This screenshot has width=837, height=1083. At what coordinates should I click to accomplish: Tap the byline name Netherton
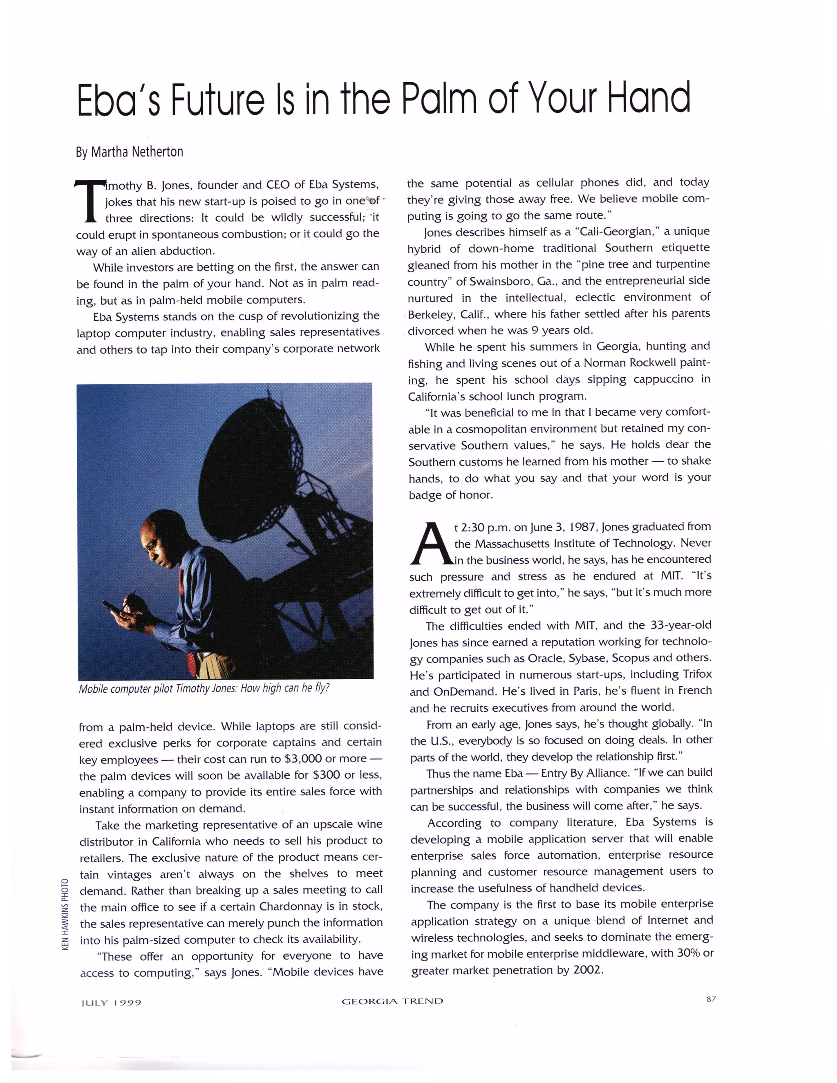(158, 152)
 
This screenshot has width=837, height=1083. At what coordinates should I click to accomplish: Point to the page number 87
(711, 999)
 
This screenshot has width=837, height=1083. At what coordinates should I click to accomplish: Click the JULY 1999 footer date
(111, 1002)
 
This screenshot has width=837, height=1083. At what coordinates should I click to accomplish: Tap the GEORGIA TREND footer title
(392, 1001)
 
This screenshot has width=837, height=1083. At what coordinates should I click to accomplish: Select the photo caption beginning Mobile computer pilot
(204, 688)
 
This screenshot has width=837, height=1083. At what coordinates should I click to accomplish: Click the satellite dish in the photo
(248, 461)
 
